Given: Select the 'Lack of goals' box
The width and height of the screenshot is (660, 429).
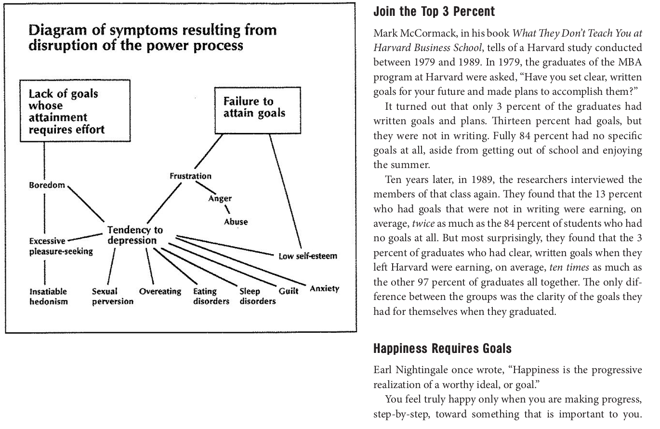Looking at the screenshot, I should coord(68,111).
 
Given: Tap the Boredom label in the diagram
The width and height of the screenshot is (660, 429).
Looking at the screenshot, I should coord(46,185).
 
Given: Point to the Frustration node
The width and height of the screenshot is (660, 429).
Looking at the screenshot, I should coord(190,176).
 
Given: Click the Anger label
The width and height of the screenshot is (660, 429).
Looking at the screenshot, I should coord(220,198).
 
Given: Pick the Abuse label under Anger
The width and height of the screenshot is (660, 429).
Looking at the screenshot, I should coord(236,222).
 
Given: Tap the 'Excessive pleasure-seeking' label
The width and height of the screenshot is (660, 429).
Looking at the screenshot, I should coord(61,246).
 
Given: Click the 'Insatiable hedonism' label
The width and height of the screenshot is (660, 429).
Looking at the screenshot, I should coord(48,296).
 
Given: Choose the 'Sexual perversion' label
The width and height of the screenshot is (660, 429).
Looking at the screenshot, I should coord(112,296).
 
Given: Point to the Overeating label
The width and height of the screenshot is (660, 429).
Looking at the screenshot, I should coord(160,291).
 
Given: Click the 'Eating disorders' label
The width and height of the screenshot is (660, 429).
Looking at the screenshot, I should coord(211,296).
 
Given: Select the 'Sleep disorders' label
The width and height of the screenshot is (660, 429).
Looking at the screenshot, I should coord(257,296).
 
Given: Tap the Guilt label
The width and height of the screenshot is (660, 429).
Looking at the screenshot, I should coord(289,291).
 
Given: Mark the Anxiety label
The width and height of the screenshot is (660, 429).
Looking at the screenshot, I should coord(324,289).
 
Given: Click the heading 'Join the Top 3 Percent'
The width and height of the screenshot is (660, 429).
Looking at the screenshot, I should coord(427,12).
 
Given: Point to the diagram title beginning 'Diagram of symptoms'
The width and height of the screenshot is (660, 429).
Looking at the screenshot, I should coord(153,38).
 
